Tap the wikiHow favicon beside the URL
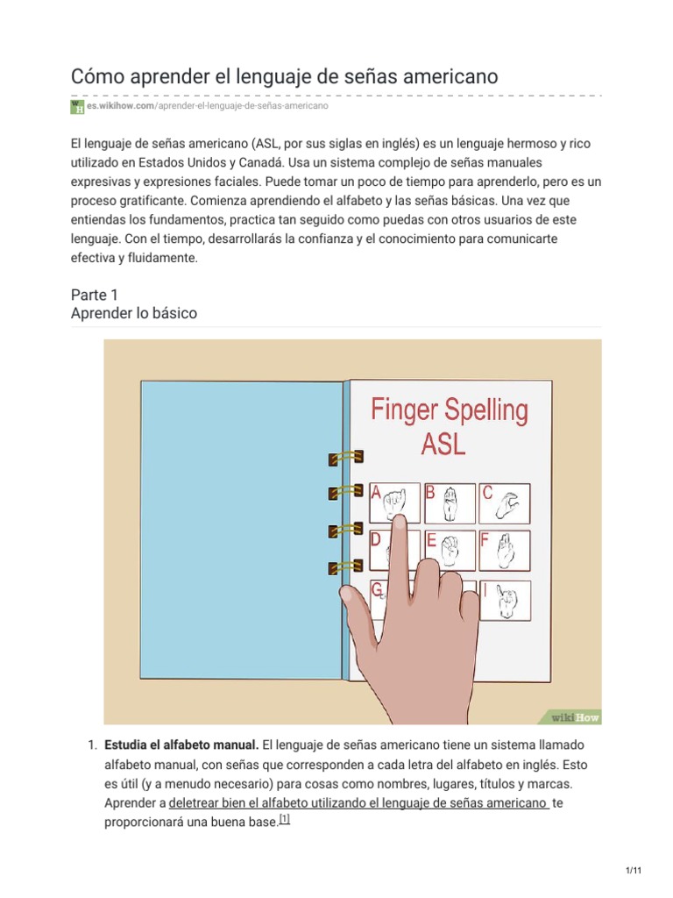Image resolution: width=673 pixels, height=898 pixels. coord(77,106)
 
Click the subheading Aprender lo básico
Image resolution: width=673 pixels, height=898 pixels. coord(134,313)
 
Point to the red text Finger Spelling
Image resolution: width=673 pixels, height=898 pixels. coord(450,410)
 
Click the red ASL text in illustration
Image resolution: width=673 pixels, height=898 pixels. coord(443,444)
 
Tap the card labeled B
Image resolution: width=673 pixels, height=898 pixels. coord(448,503)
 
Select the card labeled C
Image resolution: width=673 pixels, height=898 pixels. coord(504,503)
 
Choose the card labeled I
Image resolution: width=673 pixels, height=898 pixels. coord(504,600)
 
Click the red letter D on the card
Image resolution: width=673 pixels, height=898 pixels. coord(376,540)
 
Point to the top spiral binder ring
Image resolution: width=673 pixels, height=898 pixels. coord(345,458)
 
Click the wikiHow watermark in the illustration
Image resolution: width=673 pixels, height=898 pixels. coord(574,716)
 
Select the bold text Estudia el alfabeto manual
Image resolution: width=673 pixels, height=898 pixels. coord(181,745)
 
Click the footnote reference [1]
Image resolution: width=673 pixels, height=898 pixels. coord(284,819)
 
